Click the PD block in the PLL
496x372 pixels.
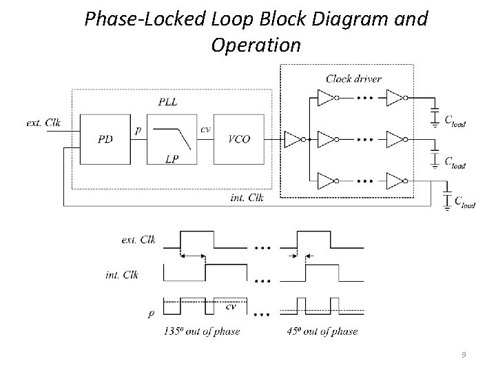point(106,138)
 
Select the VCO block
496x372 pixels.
point(238,138)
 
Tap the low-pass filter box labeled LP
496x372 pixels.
point(172,139)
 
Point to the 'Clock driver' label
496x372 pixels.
point(353,78)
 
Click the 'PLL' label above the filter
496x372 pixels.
point(167,102)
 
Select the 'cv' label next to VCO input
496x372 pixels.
point(205,128)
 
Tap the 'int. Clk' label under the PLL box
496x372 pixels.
point(247,198)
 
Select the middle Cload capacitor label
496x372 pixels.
point(454,165)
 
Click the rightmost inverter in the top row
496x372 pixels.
point(395,99)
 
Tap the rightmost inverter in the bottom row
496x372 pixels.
point(395,182)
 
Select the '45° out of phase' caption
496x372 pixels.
point(322,331)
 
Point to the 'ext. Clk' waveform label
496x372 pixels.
point(138,240)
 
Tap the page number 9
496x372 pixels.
point(464,355)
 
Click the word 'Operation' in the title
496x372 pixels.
point(256,45)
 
